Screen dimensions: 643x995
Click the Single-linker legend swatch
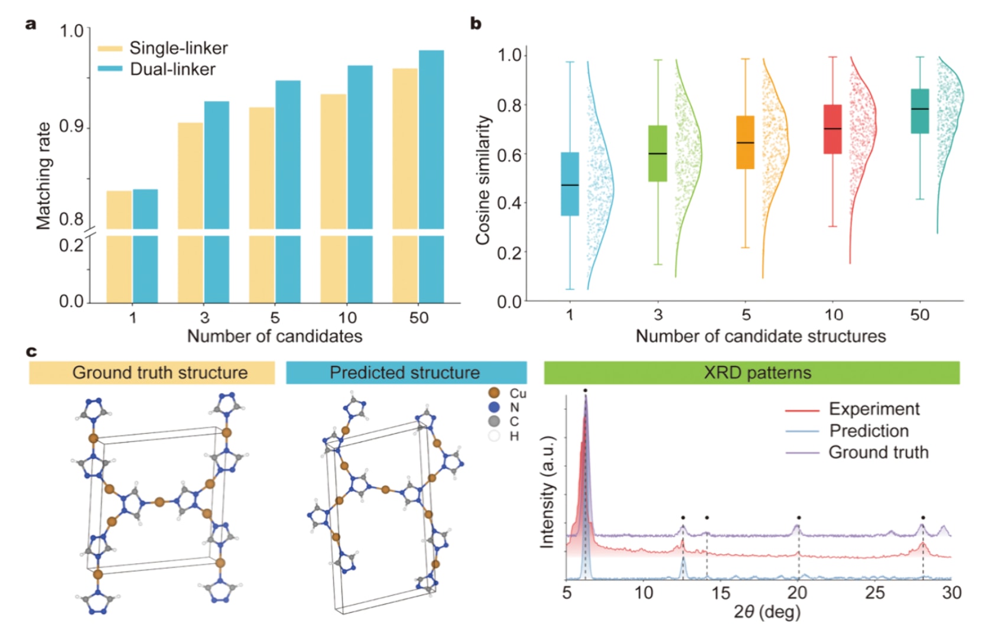(x=110, y=48)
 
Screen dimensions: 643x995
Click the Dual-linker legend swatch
(x=110, y=69)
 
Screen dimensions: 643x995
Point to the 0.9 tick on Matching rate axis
(x=72, y=127)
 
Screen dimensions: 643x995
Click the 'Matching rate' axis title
(x=43, y=176)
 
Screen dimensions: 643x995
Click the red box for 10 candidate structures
(x=833, y=129)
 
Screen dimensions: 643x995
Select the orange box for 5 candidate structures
(x=745, y=142)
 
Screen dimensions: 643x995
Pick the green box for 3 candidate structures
(x=658, y=153)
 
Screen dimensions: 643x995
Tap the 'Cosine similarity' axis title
(x=483, y=180)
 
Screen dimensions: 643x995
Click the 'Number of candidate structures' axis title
(x=760, y=336)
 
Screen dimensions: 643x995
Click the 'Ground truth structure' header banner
(x=152, y=373)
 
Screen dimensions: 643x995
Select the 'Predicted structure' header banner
(x=406, y=373)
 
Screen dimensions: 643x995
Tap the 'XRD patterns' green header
(x=752, y=373)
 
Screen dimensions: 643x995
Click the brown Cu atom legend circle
(x=494, y=393)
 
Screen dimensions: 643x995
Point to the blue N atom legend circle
(x=494, y=407)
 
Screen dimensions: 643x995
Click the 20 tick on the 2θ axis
(x=797, y=593)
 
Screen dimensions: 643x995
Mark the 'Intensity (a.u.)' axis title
(x=548, y=492)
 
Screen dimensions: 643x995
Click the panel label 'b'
(x=476, y=24)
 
